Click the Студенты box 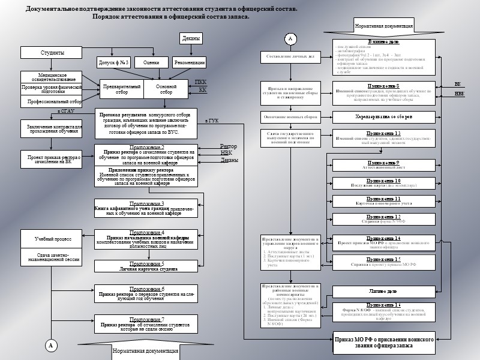tap(52, 53)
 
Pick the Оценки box tap(151, 62)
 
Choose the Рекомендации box tap(189, 62)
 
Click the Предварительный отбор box tap(122, 89)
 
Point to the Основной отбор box tap(166, 89)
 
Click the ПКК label tap(200, 82)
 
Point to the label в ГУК tap(212, 121)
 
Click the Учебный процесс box tap(53, 239)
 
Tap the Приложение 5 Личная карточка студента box tap(146, 266)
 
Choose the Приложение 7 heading tap(146, 320)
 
